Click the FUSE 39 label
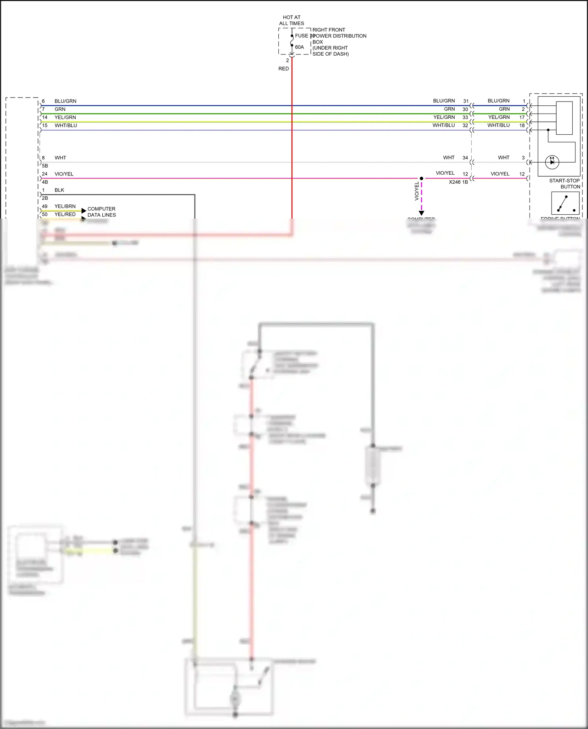click(x=304, y=36)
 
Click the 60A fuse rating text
click(x=299, y=47)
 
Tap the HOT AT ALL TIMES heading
click(x=291, y=20)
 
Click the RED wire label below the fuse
click(x=283, y=69)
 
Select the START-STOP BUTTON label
click(x=564, y=184)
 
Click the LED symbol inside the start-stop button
click(x=552, y=161)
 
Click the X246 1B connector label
click(x=458, y=182)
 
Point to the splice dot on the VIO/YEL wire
click(x=421, y=178)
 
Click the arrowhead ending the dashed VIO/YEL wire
click(x=421, y=213)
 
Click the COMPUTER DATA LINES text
click(x=102, y=212)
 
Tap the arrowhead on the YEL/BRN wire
click(x=83, y=211)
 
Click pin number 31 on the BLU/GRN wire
click(x=466, y=101)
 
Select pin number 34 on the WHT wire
click(x=465, y=158)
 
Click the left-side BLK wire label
click(x=59, y=190)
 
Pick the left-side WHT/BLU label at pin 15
click(x=66, y=125)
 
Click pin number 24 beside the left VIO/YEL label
click(x=45, y=174)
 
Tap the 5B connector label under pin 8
click(x=45, y=166)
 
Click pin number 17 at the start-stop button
click(x=522, y=117)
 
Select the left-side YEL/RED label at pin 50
click(x=65, y=214)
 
